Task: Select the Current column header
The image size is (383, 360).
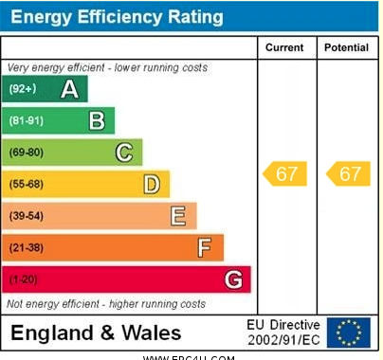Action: [284, 47]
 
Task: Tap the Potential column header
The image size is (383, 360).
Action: [346, 47]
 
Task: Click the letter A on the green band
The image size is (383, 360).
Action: [69, 89]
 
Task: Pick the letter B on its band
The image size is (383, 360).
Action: [97, 120]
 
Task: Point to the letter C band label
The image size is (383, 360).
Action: [124, 153]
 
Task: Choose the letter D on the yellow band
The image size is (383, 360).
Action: [151, 184]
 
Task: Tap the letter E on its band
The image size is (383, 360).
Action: [177, 216]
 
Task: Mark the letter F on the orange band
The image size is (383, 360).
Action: [204, 248]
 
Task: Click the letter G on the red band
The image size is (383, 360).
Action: [232, 279]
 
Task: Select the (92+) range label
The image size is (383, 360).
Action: [23, 89]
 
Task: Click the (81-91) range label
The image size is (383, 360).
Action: [27, 120]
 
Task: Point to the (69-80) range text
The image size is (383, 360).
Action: [27, 153]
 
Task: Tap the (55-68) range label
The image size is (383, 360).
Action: [27, 184]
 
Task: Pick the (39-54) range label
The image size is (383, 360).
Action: [27, 216]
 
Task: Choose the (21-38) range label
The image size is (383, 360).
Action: [27, 248]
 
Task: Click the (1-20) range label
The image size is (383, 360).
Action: [24, 279]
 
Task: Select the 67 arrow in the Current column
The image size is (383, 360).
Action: [284, 174]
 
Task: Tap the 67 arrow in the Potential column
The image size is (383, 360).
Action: [348, 174]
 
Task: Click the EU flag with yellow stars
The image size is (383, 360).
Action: [349, 333]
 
